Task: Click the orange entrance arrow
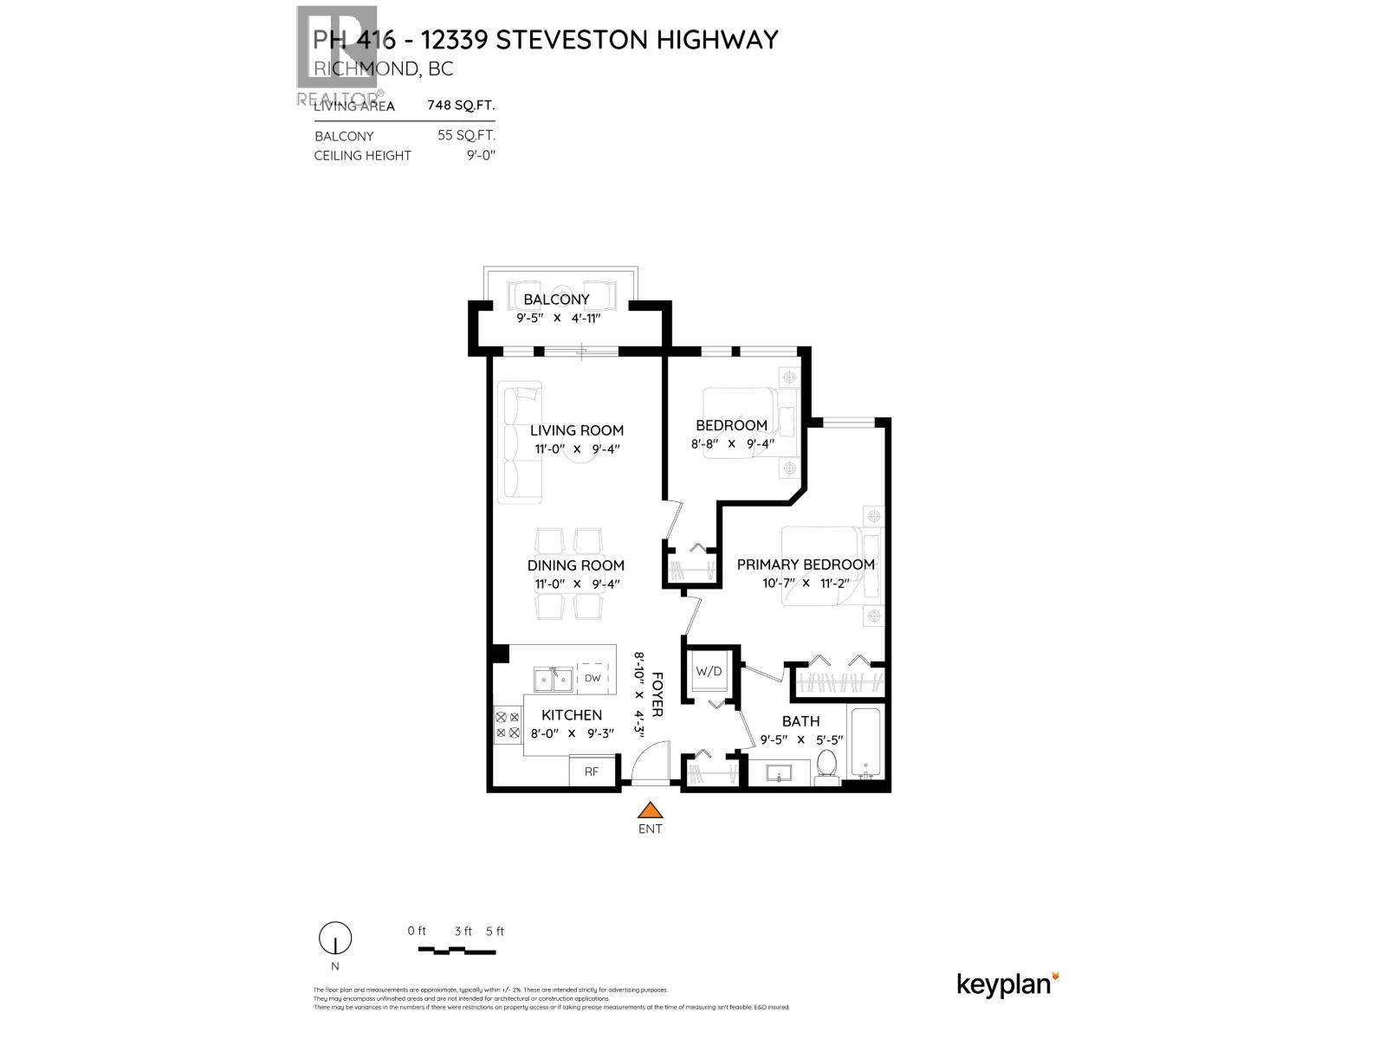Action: click(650, 810)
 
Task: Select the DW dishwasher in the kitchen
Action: click(593, 678)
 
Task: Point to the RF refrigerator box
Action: click(591, 771)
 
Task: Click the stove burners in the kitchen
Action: click(507, 725)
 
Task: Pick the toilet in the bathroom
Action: click(826, 767)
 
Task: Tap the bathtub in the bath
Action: click(865, 743)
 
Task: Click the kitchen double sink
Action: click(553, 680)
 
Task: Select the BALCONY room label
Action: click(556, 300)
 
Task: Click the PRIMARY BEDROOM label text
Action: click(806, 565)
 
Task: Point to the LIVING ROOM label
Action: click(577, 430)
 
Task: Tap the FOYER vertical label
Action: click(657, 694)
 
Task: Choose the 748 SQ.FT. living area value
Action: click(461, 106)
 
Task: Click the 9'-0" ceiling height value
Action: click(479, 156)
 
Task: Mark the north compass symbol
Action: click(335, 939)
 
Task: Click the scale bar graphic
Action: click(457, 951)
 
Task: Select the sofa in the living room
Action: click(522, 442)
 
